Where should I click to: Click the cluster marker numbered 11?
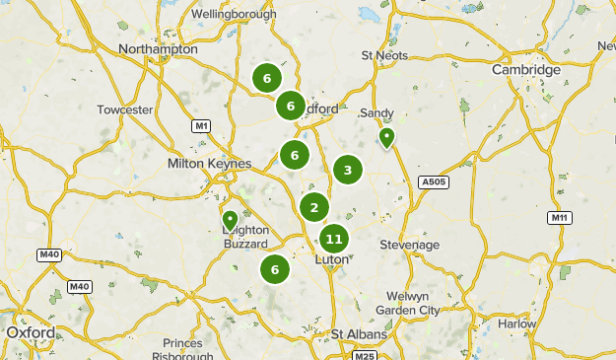pos(334,239)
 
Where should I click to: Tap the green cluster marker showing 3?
pos(347,171)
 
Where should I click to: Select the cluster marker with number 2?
pos(314,207)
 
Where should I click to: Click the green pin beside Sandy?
pos(387,137)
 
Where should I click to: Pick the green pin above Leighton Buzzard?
pos(230,219)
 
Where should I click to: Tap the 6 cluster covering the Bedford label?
pos(290,106)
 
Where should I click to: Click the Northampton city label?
pos(158,48)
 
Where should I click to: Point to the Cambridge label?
pos(526,70)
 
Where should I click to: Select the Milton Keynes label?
pos(210,163)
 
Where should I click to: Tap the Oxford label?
pos(31,332)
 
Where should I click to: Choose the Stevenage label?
pos(409,244)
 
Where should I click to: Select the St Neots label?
pos(384,55)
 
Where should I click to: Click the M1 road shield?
pos(202,126)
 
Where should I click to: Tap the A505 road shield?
pos(433,181)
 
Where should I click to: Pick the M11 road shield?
pos(560,217)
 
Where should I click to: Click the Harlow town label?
pos(517,324)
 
